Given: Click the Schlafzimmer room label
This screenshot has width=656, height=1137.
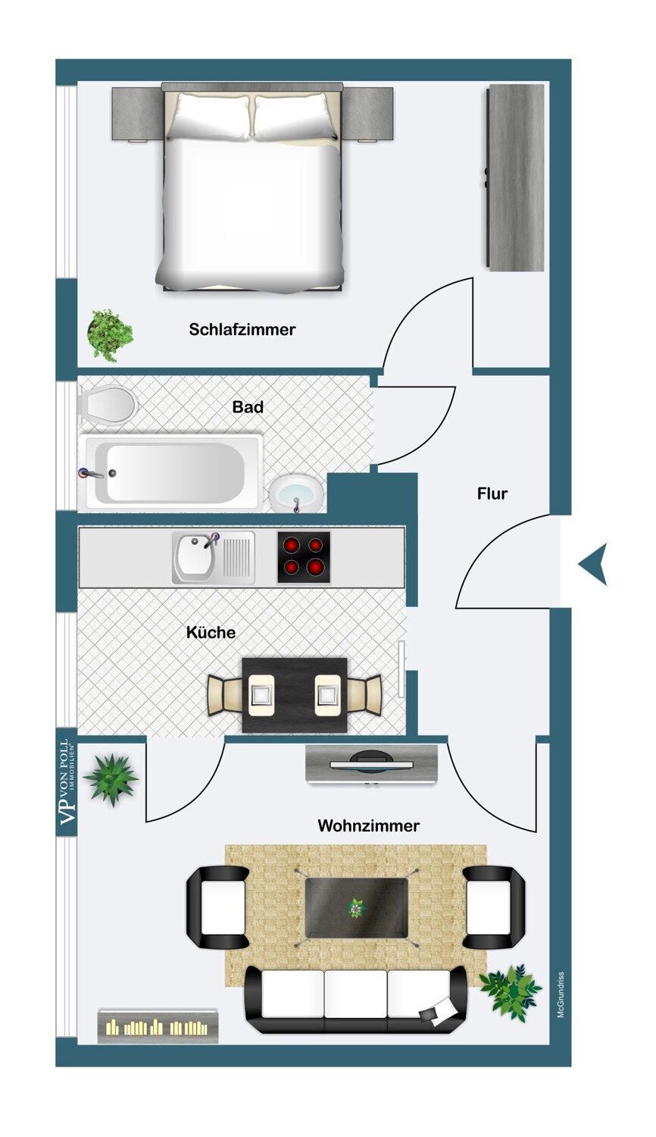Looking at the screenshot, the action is pyautogui.click(x=242, y=330).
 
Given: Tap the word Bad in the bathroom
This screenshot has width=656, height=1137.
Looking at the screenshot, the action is pyautogui.click(x=248, y=406).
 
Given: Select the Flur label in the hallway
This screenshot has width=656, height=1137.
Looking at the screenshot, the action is pyautogui.click(x=492, y=493).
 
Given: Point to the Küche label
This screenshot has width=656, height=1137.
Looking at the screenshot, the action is pyautogui.click(x=211, y=632).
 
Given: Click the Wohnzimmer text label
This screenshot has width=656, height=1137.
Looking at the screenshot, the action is pyautogui.click(x=368, y=825).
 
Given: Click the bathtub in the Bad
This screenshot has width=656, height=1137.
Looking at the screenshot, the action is pyautogui.click(x=171, y=472).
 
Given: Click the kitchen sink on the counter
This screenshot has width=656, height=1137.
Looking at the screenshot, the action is pyautogui.click(x=213, y=557).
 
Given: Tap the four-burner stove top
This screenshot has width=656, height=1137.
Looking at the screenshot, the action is pyautogui.click(x=304, y=557).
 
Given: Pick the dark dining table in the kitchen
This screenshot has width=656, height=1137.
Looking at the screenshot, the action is pyautogui.click(x=294, y=695).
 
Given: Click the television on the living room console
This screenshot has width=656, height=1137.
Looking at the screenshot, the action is pyautogui.click(x=371, y=762).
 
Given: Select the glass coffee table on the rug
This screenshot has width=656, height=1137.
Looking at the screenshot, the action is pyautogui.click(x=356, y=907).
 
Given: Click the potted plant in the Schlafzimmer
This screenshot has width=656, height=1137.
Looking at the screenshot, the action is pyautogui.click(x=110, y=335).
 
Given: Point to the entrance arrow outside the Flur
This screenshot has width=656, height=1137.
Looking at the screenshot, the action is pyautogui.click(x=594, y=564).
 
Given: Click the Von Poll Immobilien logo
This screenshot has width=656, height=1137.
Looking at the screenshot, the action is pyautogui.click(x=67, y=781).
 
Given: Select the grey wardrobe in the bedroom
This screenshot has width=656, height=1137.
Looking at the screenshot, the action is pyautogui.click(x=515, y=177).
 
